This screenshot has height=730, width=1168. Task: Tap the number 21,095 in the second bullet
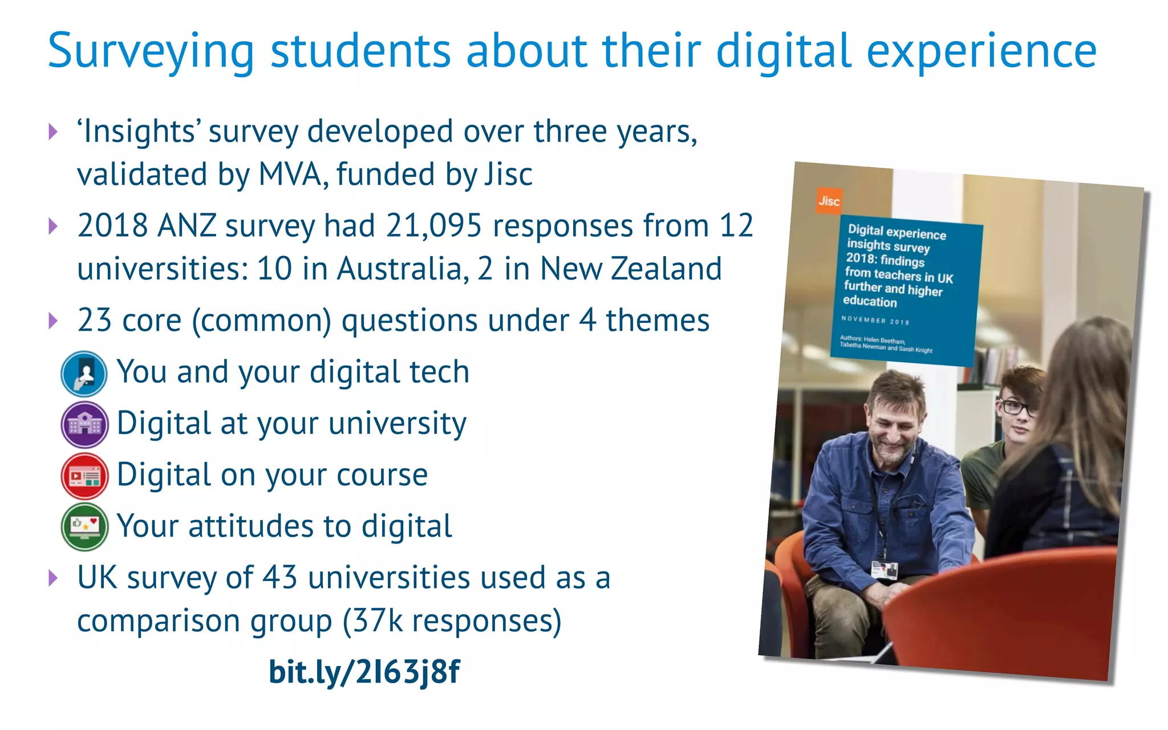(x=434, y=225)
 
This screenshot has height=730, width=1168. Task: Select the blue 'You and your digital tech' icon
(x=84, y=374)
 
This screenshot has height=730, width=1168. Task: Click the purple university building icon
(x=84, y=424)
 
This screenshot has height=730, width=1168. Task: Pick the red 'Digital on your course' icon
(x=84, y=476)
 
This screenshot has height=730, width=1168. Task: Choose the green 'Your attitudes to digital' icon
(x=84, y=527)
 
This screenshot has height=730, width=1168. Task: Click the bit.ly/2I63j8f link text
(x=364, y=671)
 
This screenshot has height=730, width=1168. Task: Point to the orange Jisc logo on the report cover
(x=829, y=201)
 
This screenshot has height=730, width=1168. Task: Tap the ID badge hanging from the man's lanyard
(x=885, y=570)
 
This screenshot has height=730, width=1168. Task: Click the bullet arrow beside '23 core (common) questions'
(x=54, y=321)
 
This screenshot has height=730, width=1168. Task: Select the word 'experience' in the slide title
(x=981, y=51)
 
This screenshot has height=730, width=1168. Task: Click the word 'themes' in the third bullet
(x=657, y=321)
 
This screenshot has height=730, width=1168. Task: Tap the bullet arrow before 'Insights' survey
(x=54, y=132)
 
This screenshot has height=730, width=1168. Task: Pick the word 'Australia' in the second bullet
(x=399, y=269)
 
